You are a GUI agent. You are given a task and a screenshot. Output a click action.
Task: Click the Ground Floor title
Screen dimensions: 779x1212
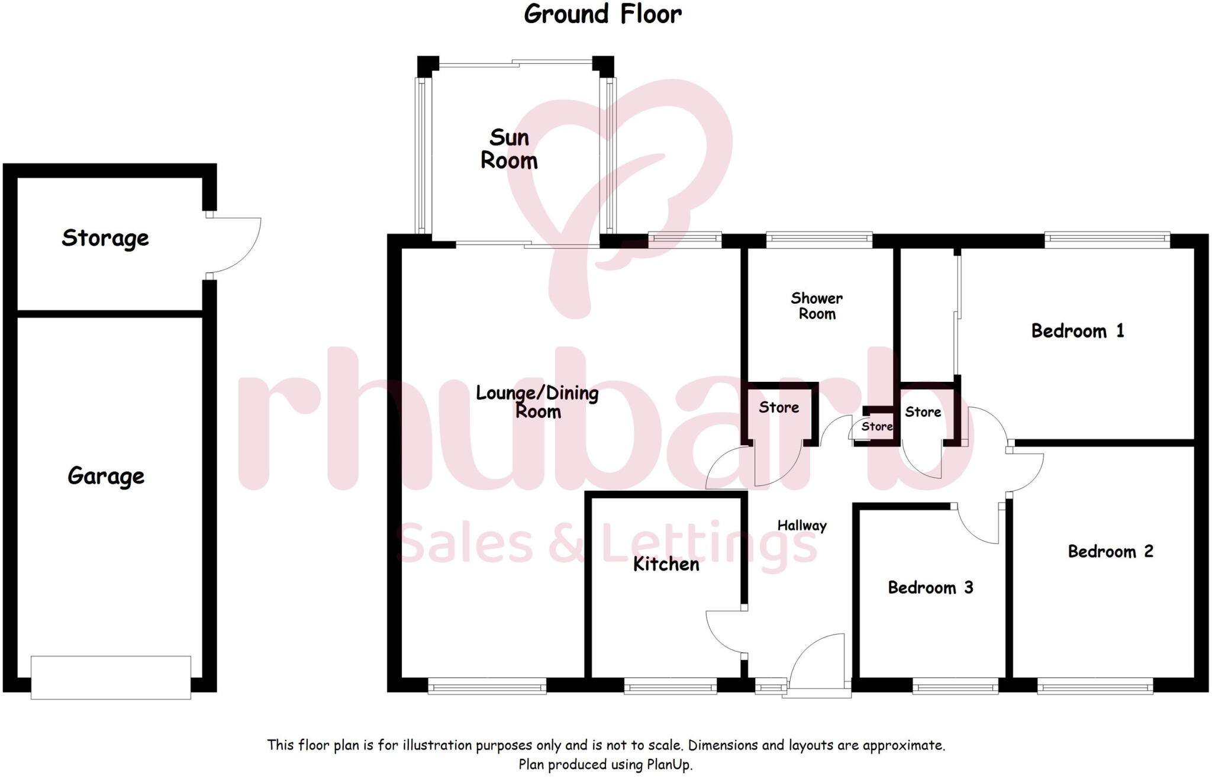point(602,14)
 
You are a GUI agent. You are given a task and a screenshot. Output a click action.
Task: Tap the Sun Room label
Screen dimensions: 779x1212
point(509,149)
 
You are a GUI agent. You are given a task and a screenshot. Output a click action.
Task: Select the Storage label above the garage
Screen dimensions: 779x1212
point(105,238)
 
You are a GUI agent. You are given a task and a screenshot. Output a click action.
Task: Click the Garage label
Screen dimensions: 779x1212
point(106,476)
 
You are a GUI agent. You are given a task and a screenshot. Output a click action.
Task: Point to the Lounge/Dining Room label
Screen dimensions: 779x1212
point(537,401)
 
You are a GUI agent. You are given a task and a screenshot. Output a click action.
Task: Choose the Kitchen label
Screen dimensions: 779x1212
point(666,564)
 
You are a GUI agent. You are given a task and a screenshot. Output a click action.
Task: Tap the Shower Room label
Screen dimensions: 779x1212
point(817,306)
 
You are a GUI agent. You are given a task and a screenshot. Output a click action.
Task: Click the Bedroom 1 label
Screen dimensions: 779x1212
point(1077,331)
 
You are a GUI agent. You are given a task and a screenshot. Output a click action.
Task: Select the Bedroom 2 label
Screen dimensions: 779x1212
point(1110,552)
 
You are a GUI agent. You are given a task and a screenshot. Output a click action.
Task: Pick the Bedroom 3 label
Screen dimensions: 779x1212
point(930,588)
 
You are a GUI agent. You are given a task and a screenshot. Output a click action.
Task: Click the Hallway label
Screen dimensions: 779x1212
point(801,525)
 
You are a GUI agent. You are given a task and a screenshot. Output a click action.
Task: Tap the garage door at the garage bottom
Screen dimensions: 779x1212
point(111,677)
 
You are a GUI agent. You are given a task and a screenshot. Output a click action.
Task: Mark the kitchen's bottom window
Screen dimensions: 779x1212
point(671,687)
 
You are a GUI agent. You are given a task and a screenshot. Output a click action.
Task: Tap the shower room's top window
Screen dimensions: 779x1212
point(819,239)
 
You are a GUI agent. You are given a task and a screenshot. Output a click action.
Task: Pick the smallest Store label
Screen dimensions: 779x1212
point(876,426)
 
